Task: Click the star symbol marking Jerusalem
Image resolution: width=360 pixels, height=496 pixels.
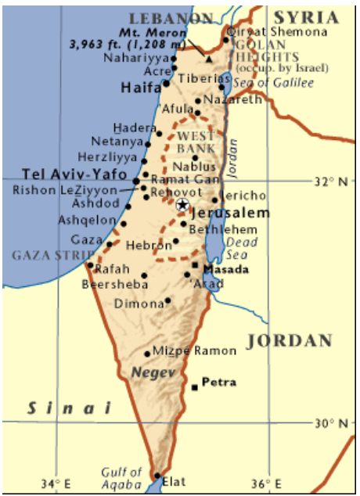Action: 182,204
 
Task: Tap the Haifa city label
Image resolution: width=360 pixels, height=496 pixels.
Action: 140,89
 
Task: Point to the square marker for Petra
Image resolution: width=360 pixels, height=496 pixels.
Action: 194,387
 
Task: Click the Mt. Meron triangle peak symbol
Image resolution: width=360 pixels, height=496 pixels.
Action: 209,58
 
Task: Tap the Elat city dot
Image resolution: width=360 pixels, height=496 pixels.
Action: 157,475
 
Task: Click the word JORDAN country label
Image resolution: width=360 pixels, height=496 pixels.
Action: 290,341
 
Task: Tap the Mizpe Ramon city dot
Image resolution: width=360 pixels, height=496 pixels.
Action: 148,354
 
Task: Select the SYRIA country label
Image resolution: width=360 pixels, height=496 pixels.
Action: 306,17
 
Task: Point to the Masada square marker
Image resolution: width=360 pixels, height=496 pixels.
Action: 195,266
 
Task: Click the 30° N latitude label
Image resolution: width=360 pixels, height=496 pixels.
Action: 332,423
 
